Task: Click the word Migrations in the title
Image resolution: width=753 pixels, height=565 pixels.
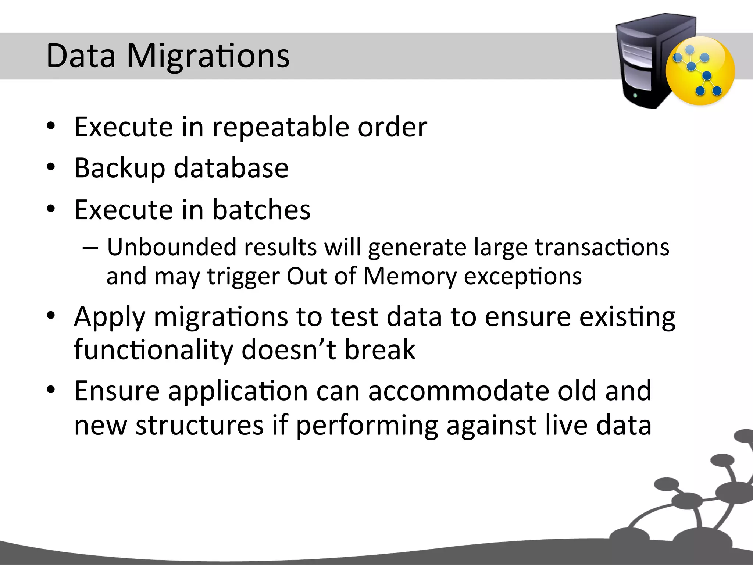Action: click(208, 57)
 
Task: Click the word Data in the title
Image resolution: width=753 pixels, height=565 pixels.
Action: click(81, 56)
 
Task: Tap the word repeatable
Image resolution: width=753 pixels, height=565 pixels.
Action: click(280, 127)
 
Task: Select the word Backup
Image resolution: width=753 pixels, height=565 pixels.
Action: click(119, 168)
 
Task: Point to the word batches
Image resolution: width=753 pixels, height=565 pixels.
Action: click(261, 210)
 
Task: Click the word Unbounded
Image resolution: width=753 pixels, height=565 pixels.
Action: click(172, 247)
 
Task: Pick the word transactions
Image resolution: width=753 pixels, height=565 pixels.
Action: click(602, 247)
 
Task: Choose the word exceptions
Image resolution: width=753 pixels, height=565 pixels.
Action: click(523, 277)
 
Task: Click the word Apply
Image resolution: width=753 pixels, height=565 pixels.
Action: click(110, 317)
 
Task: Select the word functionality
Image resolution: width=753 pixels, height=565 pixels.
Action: click(153, 350)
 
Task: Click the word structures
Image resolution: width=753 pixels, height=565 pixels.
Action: click(200, 425)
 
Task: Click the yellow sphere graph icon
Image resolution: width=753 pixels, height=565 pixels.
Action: click(700, 71)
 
